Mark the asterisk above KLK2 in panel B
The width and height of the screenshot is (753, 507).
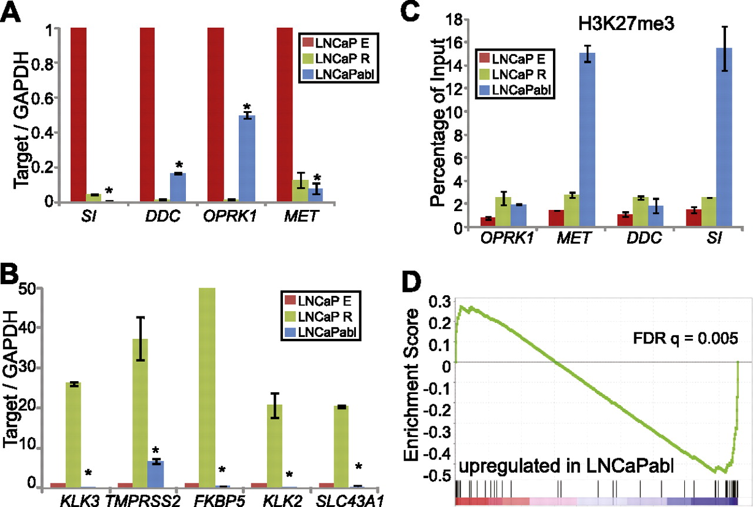pos(288,474)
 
